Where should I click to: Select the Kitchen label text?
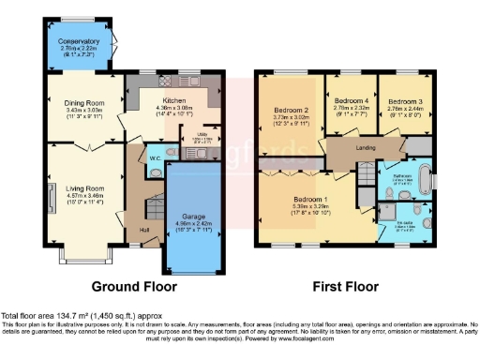173,100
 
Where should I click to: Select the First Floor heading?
348,286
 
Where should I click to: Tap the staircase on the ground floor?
134,207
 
